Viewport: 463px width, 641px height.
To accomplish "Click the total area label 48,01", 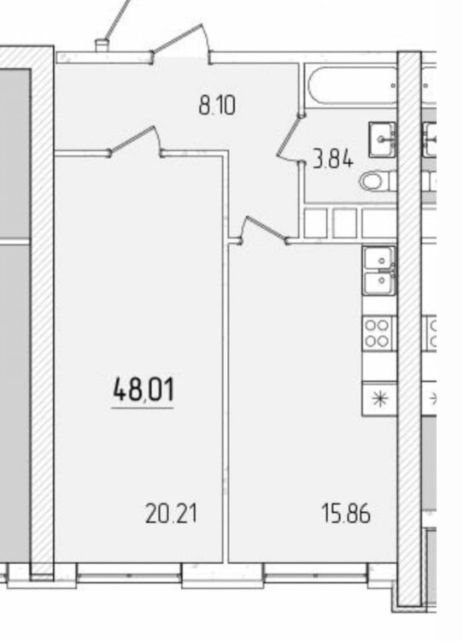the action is click(x=143, y=389).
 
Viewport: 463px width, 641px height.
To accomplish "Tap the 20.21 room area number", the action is click(x=171, y=514).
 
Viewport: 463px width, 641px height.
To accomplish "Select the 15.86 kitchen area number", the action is click(x=346, y=514).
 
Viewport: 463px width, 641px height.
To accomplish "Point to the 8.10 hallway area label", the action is click(x=217, y=105).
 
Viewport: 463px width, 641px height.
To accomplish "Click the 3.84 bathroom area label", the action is click(x=331, y=159).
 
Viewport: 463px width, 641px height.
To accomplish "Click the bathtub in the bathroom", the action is click(x=352, y=85).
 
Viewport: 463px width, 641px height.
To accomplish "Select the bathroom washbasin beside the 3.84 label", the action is click(x=383, y=139).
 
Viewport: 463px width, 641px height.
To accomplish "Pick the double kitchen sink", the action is click(x=379, y=271).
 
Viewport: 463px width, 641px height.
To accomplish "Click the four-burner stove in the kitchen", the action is click(x=377, y=333).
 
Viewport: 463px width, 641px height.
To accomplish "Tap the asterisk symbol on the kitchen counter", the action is click(x=379, y=398).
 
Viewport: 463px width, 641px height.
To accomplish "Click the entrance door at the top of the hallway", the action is click(x=182, y=44).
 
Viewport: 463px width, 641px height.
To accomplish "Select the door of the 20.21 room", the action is click(x=136, y=142).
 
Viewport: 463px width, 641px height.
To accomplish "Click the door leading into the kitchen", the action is click(x=265, y=231).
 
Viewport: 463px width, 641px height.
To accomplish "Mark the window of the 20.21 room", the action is click(x=129, y=574).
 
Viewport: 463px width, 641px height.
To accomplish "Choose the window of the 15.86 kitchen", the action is click(x=315, y=574).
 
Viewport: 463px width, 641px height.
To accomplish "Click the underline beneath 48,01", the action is click(x=142, y=408).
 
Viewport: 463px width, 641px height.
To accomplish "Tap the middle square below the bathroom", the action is click(x=344, y=223).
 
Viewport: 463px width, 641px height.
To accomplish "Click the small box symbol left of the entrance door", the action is click(x=103, y=46).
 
